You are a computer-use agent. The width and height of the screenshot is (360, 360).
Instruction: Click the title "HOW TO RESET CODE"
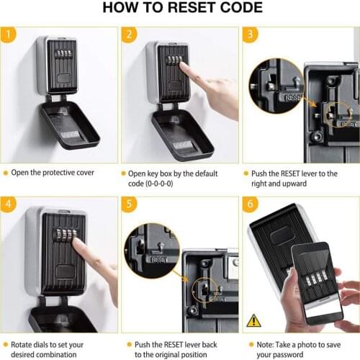point(179,9)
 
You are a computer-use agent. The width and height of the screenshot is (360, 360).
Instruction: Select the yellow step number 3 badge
point(249,35)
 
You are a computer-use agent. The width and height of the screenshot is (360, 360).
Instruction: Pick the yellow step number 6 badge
point(249,204)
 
